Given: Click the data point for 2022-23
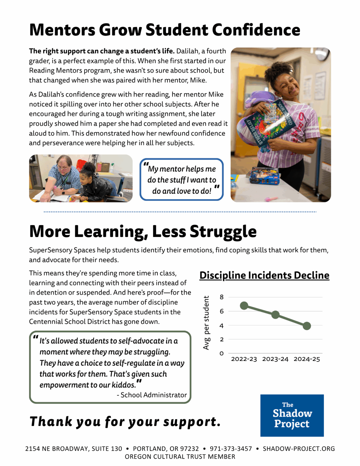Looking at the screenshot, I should click(244, 306).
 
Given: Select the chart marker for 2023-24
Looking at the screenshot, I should click(275, 315).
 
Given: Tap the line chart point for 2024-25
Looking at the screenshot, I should click(307, 326).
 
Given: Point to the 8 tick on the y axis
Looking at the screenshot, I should click(222, 297).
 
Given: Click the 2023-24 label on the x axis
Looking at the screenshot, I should click(275, 359).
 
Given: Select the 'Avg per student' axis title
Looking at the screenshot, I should click(206, 323).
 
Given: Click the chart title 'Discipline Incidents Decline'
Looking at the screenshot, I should click(264, 275).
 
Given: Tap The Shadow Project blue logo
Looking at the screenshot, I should click(292, 415).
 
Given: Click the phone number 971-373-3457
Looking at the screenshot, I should click(231, 449).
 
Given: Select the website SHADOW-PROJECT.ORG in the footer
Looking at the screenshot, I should click(299, 449).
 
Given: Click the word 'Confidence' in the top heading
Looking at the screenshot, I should click(256, 30).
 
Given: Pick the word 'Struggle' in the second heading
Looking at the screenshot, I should click(223, 231).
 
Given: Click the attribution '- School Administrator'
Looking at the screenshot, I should click(152, 395).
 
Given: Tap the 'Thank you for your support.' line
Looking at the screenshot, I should click(125, 421).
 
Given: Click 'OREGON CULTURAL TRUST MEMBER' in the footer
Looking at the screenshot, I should click(180, 457).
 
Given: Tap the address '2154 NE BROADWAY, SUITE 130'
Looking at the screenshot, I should click(73, 449).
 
